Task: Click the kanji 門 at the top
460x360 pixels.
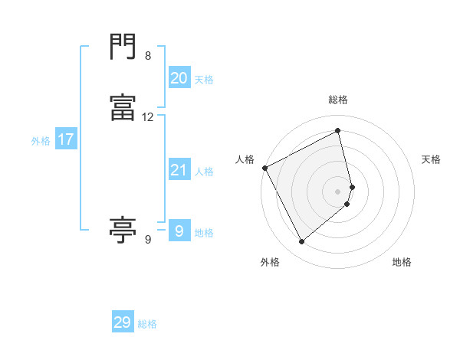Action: tap(123, 47)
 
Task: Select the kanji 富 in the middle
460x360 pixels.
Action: tap(123, 110)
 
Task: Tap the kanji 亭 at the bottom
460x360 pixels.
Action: tap(123, 229)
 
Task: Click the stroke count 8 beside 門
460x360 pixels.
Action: tap(148, 56)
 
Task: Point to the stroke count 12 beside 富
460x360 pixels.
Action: tap(148, 117)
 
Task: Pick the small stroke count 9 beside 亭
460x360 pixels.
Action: tap(148, 240)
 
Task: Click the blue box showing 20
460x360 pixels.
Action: tap(179, 77)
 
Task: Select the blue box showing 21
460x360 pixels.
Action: tap(179, 170)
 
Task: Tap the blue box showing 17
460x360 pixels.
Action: tap(65, 139)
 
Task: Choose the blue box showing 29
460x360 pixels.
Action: tap(123, 322)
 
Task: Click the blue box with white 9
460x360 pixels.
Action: tap(179, 231)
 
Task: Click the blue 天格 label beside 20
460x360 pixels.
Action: tap(204, 79)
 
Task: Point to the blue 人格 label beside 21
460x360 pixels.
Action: tap(204, 172)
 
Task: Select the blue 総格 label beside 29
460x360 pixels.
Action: tap(147, 324)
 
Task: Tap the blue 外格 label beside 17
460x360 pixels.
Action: tap(41, 141)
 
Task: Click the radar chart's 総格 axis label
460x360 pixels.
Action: tap(338, 100)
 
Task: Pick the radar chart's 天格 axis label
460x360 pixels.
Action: tap(432, 159)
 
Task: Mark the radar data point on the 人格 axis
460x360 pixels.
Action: tap(264, 168)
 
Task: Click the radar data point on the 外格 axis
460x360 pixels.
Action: tap(301, 242)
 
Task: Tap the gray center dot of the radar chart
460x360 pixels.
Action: tap(338, 191)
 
